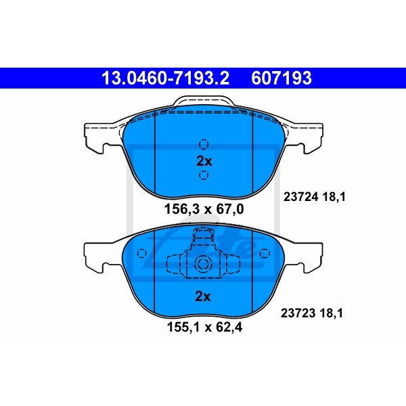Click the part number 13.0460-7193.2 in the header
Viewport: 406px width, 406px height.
pyautogui.click(x=165, y=78)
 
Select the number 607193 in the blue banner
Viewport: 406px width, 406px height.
pyautogui.click(x=282, y=78)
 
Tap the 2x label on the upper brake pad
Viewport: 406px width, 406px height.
pyautogui.click(x=204, y=161)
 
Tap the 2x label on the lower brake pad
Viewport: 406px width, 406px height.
pyautogui.click(x=204, y=296)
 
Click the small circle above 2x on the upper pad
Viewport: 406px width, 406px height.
pyautogui.click(x=204, y=144)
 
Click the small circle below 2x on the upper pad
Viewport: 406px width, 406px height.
pyautogui.click(x=204, y=176)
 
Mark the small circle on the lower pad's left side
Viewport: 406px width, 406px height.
pyautogui.click(x=142, y=254)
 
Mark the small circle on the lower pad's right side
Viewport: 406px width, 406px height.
pyautogui.click(x=265, y=254)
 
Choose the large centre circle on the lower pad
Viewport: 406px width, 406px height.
pyautogui.click(x=204, y=265)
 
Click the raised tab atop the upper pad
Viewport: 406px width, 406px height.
pyautogui.click(x=204, y=103)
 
